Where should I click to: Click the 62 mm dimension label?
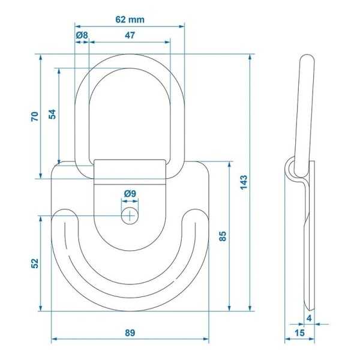tap(129, 19)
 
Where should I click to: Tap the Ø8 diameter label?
tap(82, 35)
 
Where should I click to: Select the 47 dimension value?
tap(130, 35)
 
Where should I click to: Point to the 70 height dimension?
tap(35, 116)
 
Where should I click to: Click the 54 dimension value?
tap(53, 114)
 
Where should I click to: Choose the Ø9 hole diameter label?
tap(130, 193)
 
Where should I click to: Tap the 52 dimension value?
tap(35, 263)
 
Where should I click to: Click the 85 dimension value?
tap(223, 236)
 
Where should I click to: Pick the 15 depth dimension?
tap(299, 332)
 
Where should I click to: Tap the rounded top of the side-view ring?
tap(305, 59)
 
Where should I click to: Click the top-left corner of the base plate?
tap(55, 166)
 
